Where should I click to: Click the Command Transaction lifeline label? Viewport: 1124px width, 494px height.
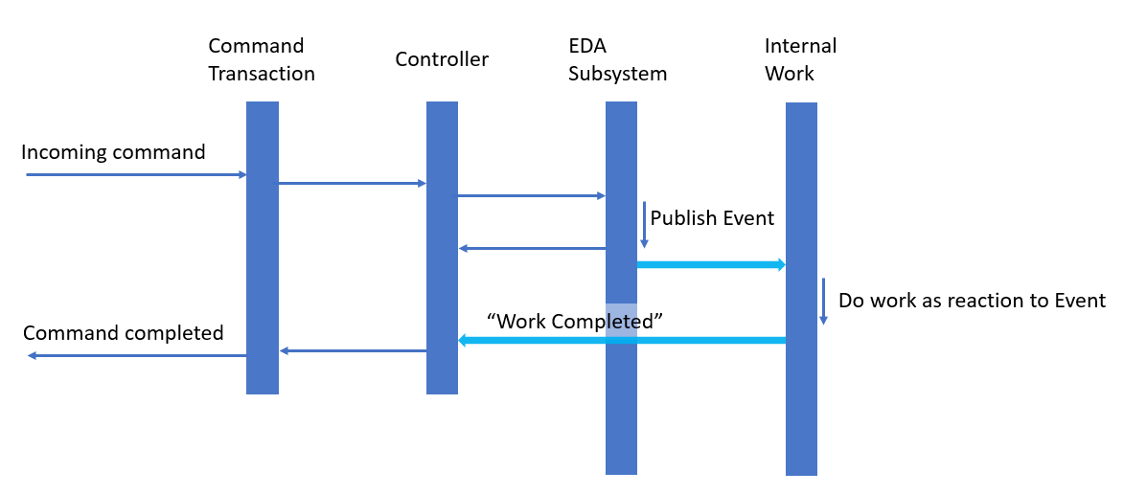pos(261,59)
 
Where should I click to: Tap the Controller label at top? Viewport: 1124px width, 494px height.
pos(442,59)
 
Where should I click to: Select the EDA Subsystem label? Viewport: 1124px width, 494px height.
pos(617,59)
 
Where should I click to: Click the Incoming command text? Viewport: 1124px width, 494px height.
pos(113,152)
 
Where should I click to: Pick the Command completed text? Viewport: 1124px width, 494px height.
pos(123,333)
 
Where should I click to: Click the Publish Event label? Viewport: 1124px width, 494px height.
pos(712,218)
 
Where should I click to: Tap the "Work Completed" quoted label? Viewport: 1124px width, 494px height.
pos(576,321)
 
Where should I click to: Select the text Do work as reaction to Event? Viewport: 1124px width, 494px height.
pos(972,301)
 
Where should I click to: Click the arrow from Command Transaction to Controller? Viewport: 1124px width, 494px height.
pos(352,183)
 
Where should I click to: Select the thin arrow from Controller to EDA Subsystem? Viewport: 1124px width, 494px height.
pos(532,196)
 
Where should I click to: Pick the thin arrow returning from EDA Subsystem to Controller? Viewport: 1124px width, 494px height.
pos(532,249)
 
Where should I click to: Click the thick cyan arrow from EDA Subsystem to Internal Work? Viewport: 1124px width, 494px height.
pos(711,264)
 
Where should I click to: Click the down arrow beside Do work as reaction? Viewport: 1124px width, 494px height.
pos(822,302)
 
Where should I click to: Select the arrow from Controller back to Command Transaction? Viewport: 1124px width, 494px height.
pos(353,351)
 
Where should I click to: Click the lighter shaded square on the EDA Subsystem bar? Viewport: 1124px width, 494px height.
pos(621,318)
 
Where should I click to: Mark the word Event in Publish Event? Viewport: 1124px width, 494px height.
pos(748,218)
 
